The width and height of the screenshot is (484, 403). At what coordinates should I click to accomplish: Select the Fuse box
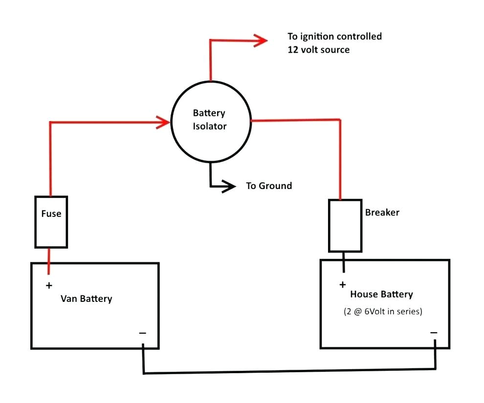pos(51,221)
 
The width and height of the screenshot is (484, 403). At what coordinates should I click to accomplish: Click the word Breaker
pos(382,212)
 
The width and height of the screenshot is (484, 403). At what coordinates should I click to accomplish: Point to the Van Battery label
pos(86,298)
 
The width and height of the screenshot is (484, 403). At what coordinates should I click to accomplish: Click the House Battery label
pos(381,294)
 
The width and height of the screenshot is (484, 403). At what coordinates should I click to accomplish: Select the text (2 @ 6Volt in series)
pos(382,311)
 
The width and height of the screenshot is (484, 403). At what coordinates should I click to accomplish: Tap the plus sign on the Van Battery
pos(49,285)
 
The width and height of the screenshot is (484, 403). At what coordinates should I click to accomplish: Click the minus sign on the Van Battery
pos(142,333)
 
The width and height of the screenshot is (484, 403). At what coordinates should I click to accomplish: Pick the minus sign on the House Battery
pos(434,333)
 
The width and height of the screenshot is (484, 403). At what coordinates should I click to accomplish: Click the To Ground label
pos(268,186)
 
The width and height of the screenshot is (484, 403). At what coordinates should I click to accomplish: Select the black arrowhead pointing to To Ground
pos(228,186)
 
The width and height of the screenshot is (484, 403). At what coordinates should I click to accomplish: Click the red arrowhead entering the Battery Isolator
pos(163,122)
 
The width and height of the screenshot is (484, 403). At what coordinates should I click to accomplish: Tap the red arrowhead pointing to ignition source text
pos(261,41)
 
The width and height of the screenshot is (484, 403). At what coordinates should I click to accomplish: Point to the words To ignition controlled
pos(334,36)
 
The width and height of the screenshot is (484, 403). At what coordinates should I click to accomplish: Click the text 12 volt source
pos(319,50)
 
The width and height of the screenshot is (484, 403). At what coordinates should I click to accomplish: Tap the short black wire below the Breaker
pos(344,262)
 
